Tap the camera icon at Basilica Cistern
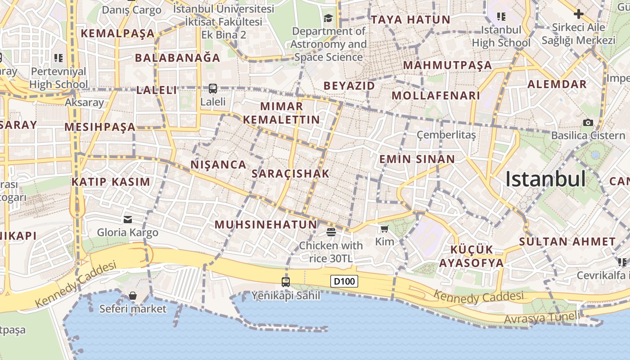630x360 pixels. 588,122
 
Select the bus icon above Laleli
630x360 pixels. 213,89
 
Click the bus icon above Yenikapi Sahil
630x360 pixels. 286,282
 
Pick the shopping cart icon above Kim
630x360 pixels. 384,229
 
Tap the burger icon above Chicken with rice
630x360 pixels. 331,232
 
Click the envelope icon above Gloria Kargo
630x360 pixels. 128,219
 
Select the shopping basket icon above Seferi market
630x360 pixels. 133,296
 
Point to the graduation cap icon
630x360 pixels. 328,18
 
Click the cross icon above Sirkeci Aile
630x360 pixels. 579,14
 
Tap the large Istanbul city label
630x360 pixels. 545,179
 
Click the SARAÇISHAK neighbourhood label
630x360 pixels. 291,174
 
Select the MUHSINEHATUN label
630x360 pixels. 265,225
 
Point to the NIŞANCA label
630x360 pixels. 219,165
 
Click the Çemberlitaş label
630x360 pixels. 446,135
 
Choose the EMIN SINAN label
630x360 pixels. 417,159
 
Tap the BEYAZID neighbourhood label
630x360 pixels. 349,86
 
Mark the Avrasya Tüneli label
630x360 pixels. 542,318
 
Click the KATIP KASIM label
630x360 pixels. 111,182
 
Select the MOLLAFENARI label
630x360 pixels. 436,95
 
